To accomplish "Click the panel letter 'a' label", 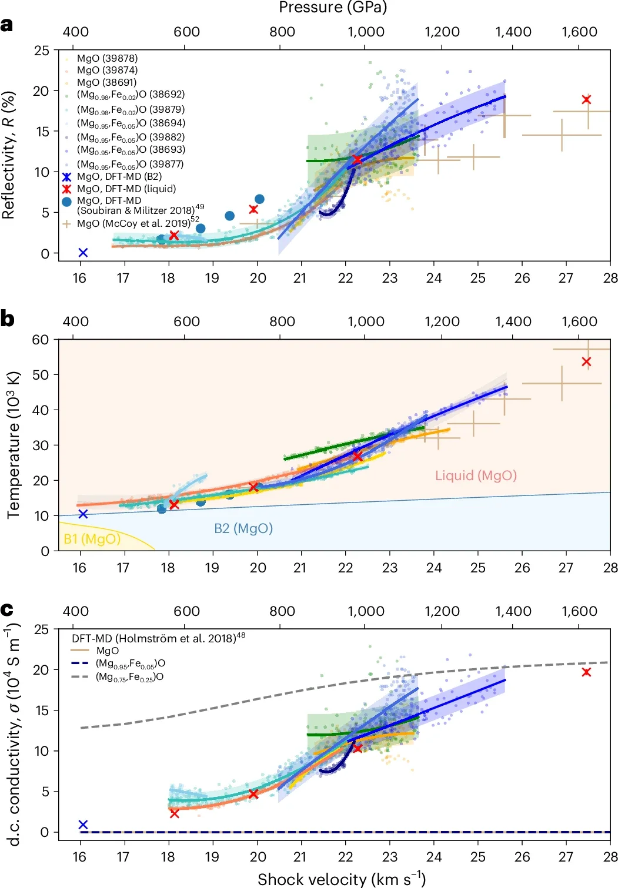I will click(7, 25).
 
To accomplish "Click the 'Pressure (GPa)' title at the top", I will click(333, 8).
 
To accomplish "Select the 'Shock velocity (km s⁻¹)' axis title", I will click(341, 879).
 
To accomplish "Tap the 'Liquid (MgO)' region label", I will click(476, 475).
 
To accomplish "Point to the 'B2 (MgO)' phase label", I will click(243, 528).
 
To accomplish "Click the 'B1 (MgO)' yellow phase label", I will click(92, 539).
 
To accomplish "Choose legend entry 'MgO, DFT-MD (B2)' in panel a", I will click(119, 176).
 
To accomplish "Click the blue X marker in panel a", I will click(83, 253).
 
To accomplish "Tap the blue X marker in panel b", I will click(83, 514).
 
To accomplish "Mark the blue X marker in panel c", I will click(83, 825).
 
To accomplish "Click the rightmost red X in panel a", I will click(586, 99).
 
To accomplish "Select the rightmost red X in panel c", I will click(586, 672).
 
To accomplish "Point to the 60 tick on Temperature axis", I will click(41, 340).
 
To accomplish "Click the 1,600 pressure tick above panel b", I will click(579, 321).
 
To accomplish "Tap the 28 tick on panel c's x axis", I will click(610, 856).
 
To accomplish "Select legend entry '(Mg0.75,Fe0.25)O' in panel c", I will click(129, 677).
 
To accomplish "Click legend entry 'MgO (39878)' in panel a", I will click(107, 58).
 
